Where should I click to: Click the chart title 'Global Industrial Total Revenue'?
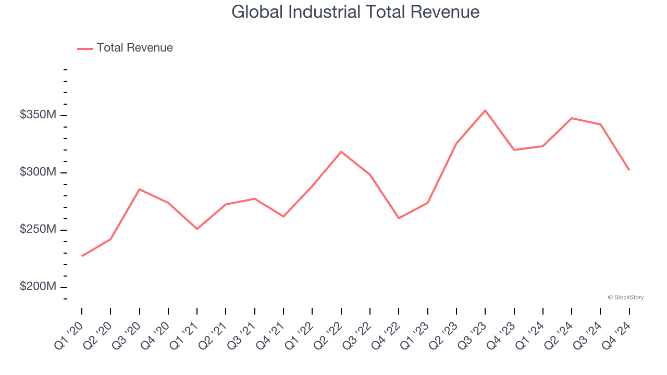[355, 11]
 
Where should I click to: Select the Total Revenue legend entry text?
[134, 48]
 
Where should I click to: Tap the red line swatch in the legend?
[85, 48]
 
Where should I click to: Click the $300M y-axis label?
[38, 172]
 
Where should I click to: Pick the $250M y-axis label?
[38, 230]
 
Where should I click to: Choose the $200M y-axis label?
[38, 287]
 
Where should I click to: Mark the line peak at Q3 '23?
[485, 110]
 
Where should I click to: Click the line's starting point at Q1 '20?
[82, 256]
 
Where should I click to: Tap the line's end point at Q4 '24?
[629, 170]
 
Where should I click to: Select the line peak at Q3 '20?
[140, 189]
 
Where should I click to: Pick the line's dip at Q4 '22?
[399, 218]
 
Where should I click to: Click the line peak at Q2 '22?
[341, 152]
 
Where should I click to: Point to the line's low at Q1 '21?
[197, 229]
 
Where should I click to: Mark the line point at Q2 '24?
[572, 118]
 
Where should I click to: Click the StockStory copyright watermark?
[625, 297]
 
